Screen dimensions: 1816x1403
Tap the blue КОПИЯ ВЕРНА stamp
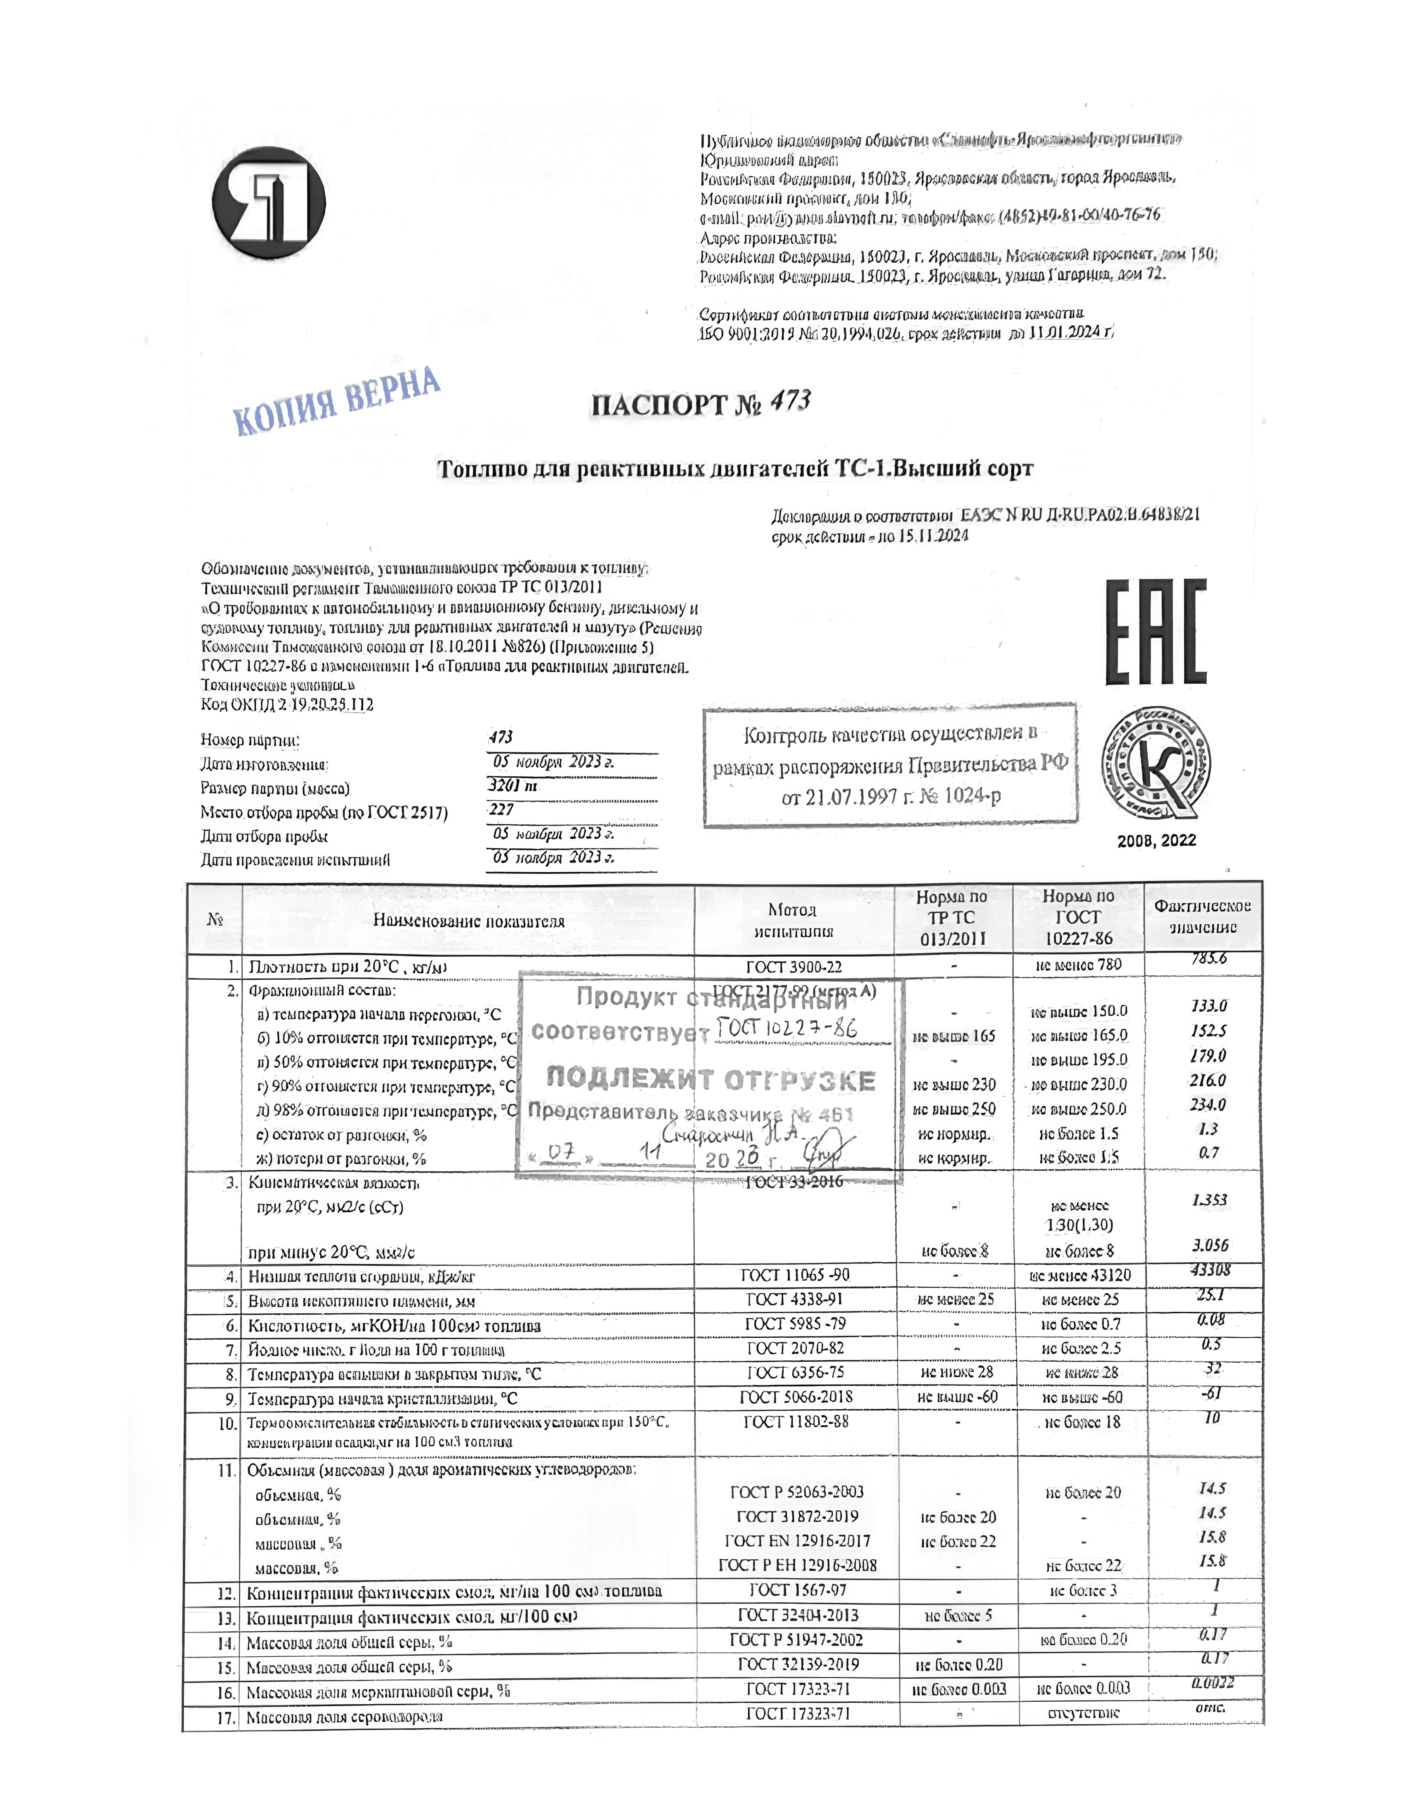(337, 401)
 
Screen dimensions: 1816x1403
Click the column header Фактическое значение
(1202, 916)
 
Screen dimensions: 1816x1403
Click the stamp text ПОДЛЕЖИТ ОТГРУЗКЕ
(711, 1079)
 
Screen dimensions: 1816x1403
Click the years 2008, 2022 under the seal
(1156, 841)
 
